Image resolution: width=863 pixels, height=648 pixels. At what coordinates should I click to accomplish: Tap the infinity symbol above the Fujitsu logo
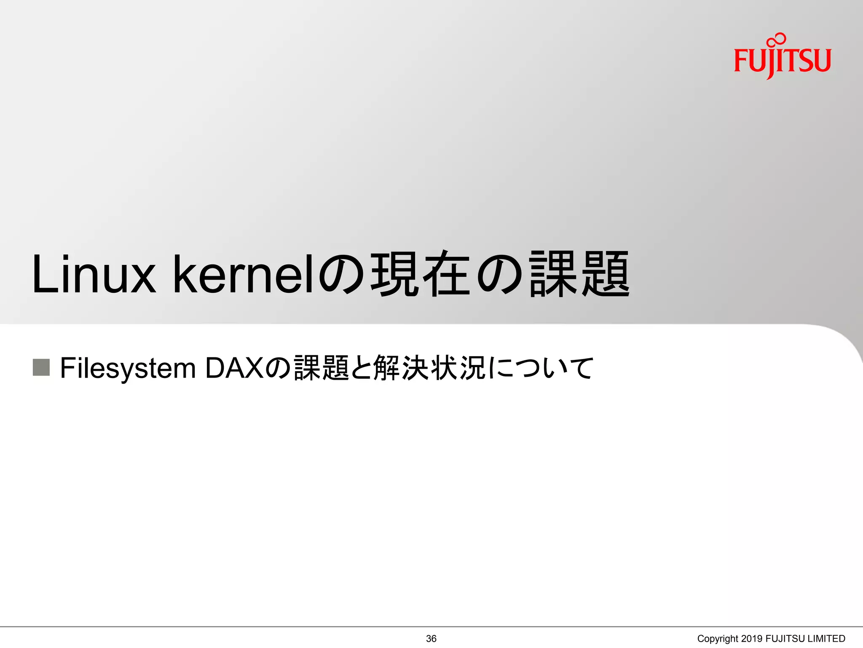pos(777,40)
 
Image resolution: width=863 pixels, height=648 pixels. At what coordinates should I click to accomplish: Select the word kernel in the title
pos(244,275)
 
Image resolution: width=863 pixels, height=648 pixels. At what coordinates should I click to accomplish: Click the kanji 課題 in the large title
pos(580,275)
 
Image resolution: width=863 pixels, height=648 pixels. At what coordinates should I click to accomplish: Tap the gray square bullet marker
pos(41,367)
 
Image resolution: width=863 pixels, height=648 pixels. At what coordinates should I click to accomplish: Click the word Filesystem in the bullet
pos(128,368)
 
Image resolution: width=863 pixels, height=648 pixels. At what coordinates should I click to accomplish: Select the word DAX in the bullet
pos(234,368)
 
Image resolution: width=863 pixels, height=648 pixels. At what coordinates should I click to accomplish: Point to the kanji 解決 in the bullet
pos(401,368)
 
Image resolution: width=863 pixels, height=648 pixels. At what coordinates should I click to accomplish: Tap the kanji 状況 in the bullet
pos(458,368)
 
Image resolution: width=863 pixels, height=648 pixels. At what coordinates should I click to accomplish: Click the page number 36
pos(431,639)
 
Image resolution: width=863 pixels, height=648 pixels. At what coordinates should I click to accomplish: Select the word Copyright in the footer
pos(717,639)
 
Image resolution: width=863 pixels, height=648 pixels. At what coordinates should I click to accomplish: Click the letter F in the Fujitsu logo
pos(741,60)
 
